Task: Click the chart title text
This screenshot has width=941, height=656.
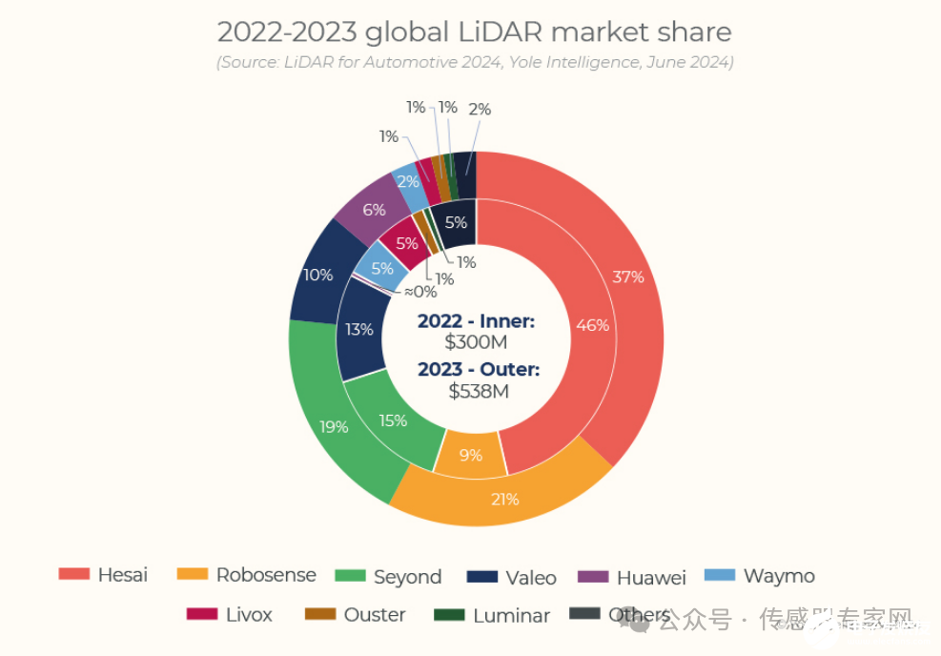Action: pos(474,31)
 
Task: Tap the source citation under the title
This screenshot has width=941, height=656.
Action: pos(474,62)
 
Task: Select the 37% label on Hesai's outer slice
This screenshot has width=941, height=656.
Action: pos(627,277)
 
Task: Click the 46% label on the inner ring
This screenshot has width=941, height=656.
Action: pos(592,325)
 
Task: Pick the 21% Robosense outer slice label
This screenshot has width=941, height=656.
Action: pos(504,499)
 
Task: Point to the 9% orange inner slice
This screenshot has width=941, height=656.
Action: pos(471,456)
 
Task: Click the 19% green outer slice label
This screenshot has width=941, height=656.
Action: pos(334,427)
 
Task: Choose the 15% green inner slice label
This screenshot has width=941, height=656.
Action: pos(392,420)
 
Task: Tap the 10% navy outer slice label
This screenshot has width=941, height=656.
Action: pos(317,276)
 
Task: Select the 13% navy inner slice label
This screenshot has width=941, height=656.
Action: pos(358,330)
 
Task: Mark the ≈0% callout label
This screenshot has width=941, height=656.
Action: pos(419,293)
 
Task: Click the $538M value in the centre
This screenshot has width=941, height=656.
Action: pos(477,392)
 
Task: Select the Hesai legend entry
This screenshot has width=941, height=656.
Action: pos(103,575)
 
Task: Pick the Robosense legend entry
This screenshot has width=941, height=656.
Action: pos(246,575)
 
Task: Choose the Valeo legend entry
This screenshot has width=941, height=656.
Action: pos(512,577)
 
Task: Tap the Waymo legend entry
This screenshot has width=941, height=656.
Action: pos(760,576)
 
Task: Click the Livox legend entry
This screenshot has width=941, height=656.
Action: pos(230,615)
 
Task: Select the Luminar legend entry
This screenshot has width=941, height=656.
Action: pos(492,616)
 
